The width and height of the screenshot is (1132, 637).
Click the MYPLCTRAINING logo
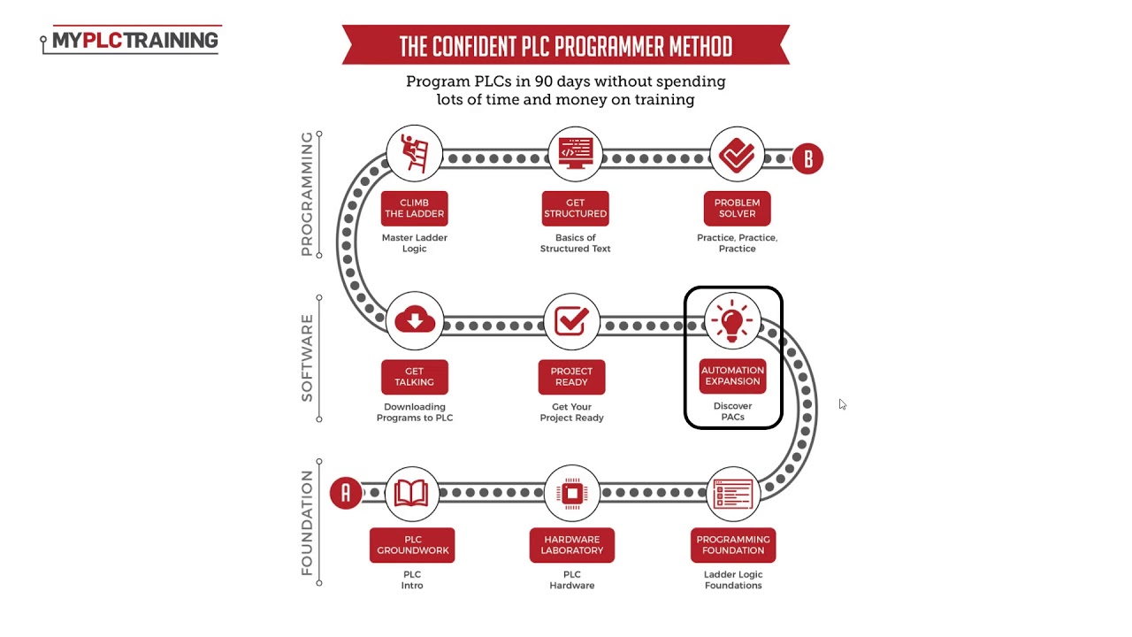point(131,41)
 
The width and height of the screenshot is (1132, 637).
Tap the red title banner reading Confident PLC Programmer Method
point(565,46)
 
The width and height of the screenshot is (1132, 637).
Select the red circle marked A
point(346,493)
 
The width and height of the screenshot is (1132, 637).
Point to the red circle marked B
point(807,159)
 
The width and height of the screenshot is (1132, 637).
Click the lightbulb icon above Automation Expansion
point(732,320)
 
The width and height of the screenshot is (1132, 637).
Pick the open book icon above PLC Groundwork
point(411,493)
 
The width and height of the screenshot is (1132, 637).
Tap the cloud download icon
point(414,320)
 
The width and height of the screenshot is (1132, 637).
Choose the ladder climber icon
point(414,153)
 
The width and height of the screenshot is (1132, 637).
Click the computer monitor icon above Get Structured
point(575,153)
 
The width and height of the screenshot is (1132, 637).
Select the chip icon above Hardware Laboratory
point(571,493)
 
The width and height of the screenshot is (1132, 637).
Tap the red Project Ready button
point(571,377)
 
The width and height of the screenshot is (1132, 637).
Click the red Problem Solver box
point(737,209)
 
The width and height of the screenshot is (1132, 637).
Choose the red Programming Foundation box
point(733,545)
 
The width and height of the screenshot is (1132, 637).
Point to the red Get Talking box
point(414,377)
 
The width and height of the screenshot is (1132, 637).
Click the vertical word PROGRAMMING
point(307,194)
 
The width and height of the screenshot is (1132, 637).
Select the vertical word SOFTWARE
point(307,357)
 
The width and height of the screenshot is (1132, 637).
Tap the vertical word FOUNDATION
point(307,523)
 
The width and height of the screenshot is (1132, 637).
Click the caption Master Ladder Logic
point(414,243)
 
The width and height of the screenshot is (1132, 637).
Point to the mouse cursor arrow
point(842,404)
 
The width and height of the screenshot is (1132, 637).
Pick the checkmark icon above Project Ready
point(571,320)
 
